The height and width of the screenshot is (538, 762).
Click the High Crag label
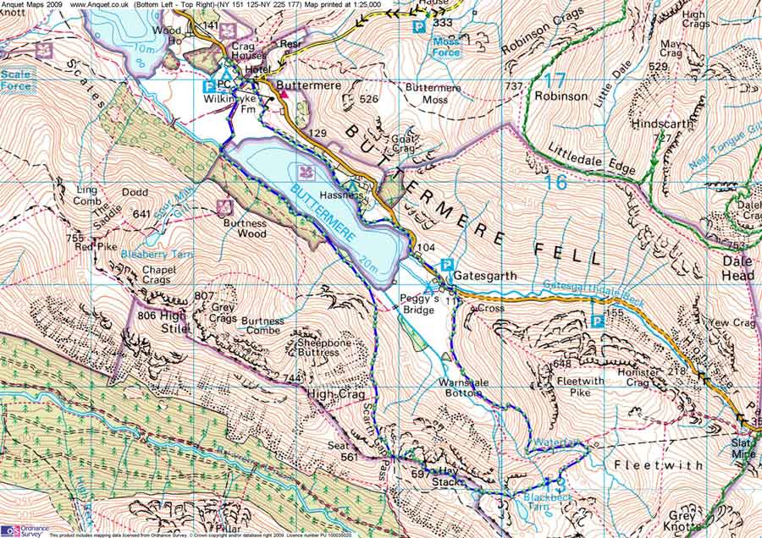click(x=335, y=395)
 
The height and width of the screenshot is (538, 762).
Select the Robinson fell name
click(x=560, y=96)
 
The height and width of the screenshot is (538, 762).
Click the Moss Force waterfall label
click(x=446, y=47)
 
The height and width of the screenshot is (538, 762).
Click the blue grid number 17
click(x=555, y=81)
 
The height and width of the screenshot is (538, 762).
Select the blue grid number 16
click(x=555, y=182)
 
